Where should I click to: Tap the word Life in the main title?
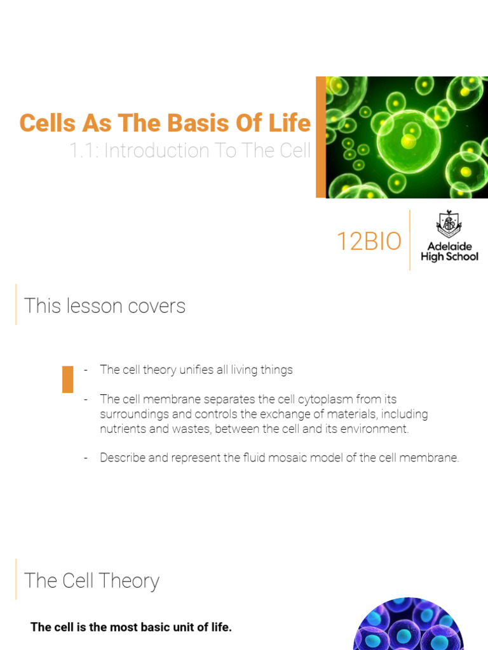coord(291,123)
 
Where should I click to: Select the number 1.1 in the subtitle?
coord(82,151)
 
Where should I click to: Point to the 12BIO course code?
coord(369,242)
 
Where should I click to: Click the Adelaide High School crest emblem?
coord(449,223)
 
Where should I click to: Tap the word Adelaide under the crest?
coord(449,246)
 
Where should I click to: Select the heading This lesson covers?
coord(105,306)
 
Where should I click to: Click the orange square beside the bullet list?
coord(67,379)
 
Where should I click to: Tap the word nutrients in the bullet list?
coord(121,428)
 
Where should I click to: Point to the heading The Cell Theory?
coord(91,581)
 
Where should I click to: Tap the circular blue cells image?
coord(408,625)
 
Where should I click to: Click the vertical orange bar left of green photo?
coord(321,136)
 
